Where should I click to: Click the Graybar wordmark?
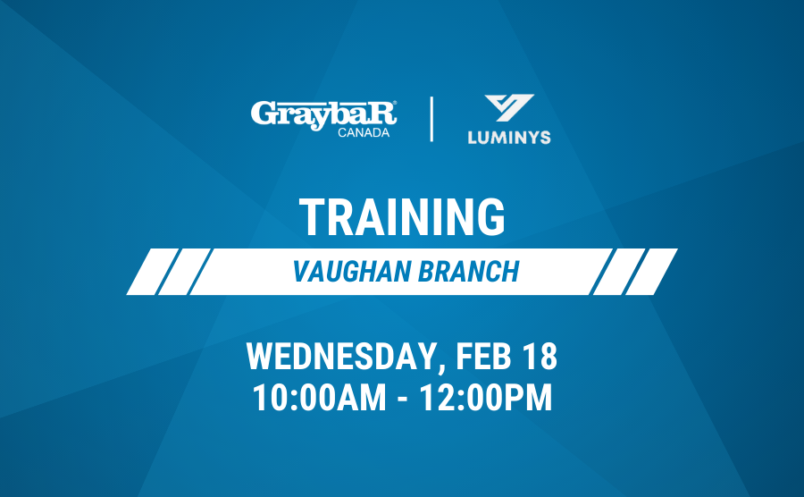pos(323,115)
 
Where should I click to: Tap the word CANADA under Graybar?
pos(364,133)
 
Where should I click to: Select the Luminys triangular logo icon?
pos(509,107)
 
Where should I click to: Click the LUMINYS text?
pos(509,138)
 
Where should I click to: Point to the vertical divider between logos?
pos(431,119)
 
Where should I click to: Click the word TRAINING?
pos(403,217)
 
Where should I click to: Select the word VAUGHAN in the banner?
pos(352,272)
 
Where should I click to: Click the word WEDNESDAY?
pos(342,356)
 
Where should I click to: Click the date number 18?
pos(540,356)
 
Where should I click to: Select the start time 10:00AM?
pos(319,397)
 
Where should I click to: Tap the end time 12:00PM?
pos(486,397)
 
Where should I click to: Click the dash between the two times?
pos(404,399)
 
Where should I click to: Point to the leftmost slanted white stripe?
pos(152,272)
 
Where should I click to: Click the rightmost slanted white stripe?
pos(652,272)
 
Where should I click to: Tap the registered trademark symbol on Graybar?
pos(394,103)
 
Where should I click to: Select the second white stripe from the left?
pos(184,272)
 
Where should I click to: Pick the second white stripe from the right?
pos(620,272)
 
